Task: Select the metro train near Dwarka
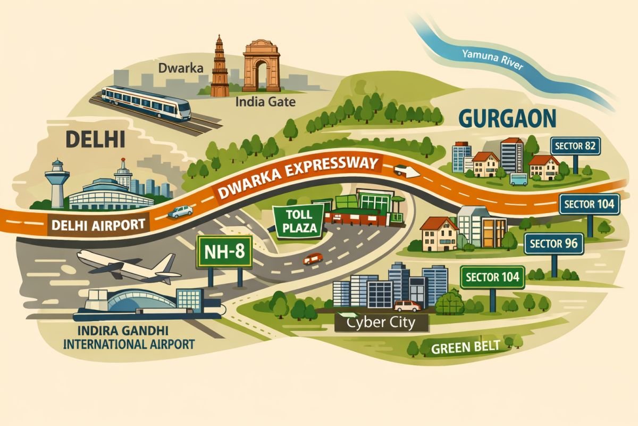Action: (146, 103)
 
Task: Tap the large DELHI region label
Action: (95, 140)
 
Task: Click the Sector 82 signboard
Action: (575, 145)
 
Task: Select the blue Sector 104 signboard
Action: (589, 203)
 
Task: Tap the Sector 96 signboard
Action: (554, 244)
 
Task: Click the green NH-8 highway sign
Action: (224, 252)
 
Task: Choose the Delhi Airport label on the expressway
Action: (99, 225)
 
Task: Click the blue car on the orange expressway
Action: (180, 211)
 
